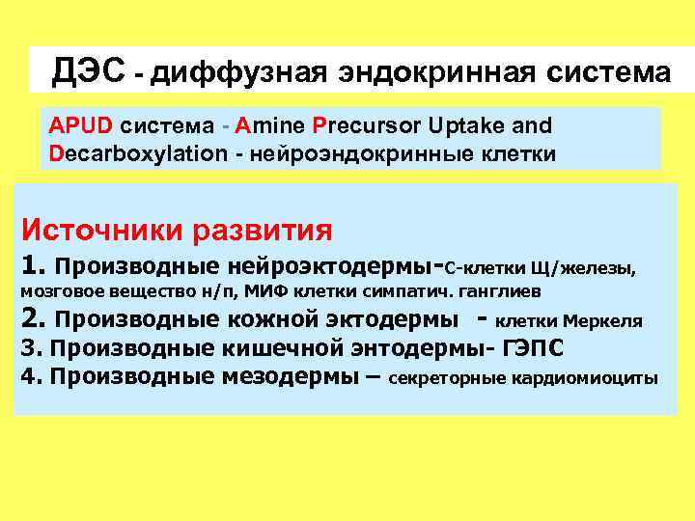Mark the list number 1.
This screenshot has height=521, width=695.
coord(33,264)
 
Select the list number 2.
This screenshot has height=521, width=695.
coord(33,318)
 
